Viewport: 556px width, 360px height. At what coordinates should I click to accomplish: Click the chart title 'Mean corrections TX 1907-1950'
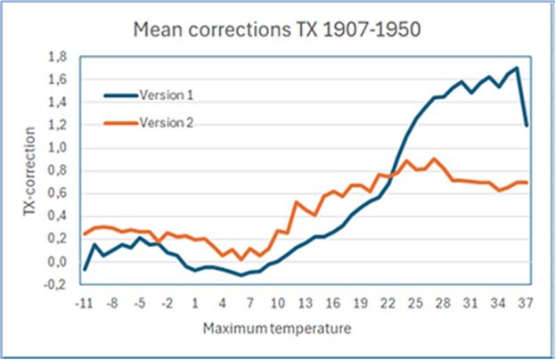pyautogui.click(x=276, y=29)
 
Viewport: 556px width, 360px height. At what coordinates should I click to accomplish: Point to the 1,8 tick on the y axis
pyautogui.click(x=57, y=57)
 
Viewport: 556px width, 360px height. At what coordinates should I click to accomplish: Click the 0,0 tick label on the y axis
pyautogui.click(x=57, y=262)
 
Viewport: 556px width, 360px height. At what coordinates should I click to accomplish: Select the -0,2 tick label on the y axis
pyautogui.click(x=55, y=285)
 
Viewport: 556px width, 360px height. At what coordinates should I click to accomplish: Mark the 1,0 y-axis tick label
pyautogui.click(x=57, y=148)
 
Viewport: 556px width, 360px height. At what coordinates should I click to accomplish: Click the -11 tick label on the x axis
pyautogui.click(x=85, y=303)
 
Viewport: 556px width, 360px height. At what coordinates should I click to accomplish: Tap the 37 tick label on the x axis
pyautogui.click(x=527, y=303)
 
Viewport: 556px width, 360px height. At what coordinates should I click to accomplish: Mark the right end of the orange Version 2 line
pyautogui.click(x=527, y=183)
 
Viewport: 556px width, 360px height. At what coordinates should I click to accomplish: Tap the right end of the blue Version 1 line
pyautogui.click(x=527, y=125)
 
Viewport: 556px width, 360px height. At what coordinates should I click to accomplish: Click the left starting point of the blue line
pyautogui.click(x=85, y=269)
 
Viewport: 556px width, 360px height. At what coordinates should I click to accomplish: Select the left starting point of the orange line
pyautogui.click(x=85, y=234)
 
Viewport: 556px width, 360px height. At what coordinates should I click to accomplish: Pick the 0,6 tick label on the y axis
pyautogui.click(x=57, y=193)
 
